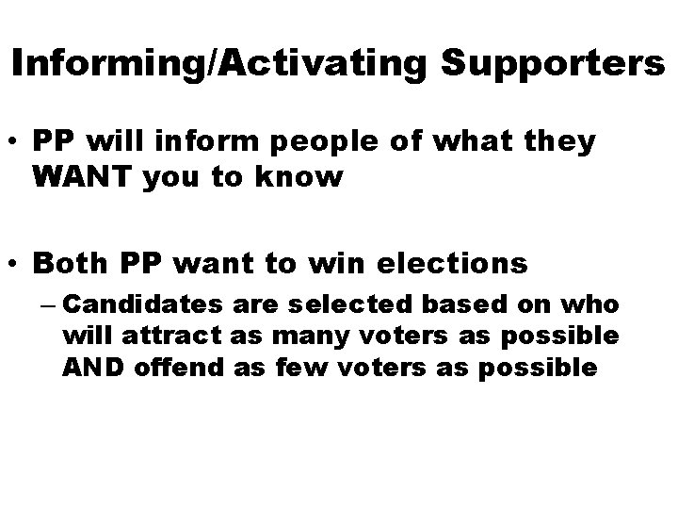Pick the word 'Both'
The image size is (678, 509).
[x=65, y=263]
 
